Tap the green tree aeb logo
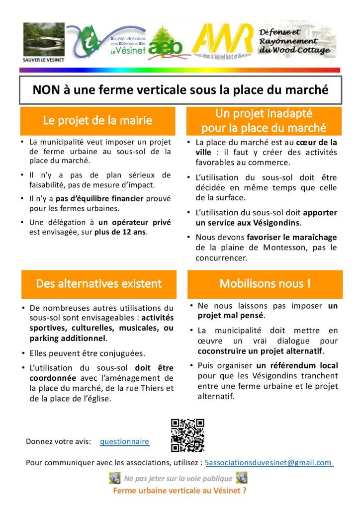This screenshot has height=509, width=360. (166, 44)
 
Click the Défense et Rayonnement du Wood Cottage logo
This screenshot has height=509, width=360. (296, 40)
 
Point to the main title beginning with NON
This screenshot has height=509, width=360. (180, 90)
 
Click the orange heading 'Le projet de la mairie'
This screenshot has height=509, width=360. (97, 120)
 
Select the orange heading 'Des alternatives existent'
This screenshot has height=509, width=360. (98, 284)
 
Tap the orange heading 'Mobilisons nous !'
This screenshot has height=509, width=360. (265, 284)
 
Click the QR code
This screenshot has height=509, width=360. (187, 435)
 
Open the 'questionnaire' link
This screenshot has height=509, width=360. (124, 441)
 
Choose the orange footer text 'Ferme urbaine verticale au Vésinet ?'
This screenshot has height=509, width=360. (180, 490)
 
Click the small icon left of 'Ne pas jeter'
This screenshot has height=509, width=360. (114, 478)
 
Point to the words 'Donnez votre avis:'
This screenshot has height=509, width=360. (58, 441)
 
